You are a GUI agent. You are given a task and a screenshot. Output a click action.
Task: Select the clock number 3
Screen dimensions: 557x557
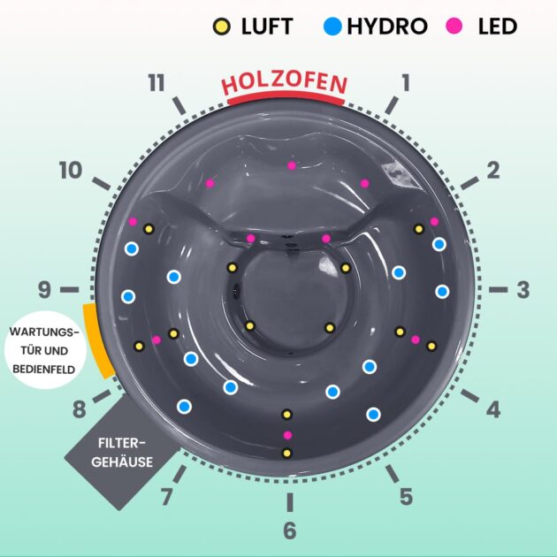point(523,289)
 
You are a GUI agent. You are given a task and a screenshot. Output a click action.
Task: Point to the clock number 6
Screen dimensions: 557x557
point(289,530)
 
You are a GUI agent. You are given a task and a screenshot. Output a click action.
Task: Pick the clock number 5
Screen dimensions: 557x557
point(405,497)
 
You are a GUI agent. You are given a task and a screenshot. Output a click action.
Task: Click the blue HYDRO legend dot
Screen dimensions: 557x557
point(332,27)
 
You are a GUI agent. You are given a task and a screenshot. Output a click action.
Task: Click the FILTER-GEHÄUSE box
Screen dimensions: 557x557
point(123,452)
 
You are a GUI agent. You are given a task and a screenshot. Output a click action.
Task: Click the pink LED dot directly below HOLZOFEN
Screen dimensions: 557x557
point(291,165)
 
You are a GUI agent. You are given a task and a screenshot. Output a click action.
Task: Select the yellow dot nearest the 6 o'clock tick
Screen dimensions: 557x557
point(286,453)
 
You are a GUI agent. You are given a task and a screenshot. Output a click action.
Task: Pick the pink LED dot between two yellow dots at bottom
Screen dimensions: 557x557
point(286,434)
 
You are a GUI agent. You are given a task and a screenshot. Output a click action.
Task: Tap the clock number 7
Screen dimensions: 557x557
point(165,497)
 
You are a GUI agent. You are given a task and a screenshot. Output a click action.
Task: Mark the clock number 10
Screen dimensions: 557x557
point(71,171)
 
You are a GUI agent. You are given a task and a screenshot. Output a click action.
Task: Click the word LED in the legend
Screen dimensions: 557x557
point(498,27)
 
